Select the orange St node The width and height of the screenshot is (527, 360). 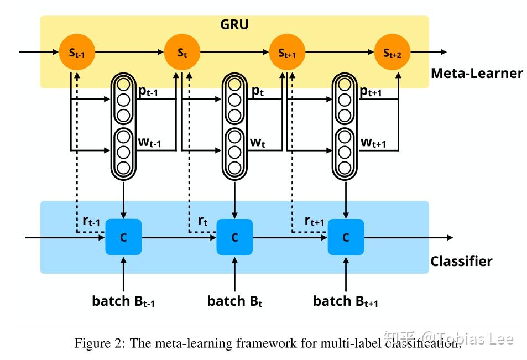(182, 53)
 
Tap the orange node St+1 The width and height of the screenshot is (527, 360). (286, 53)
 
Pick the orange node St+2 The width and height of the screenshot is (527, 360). (393, 53)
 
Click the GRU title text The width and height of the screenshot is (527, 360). (234, 25)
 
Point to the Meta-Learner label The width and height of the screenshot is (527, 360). (477, 73)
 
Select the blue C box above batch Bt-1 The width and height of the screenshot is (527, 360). (123, 237)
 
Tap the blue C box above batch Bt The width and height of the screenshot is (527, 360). (234, 237)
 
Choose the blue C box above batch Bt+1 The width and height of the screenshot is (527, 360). (346, 237)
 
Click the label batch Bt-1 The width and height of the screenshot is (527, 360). (124, 301)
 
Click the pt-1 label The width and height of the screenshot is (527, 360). (148, 92)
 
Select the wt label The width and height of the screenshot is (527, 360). (257, 143)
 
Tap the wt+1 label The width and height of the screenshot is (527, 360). (373, 143)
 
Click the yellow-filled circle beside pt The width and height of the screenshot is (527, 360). (234, 85)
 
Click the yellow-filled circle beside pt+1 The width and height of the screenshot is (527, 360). (345, 85)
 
